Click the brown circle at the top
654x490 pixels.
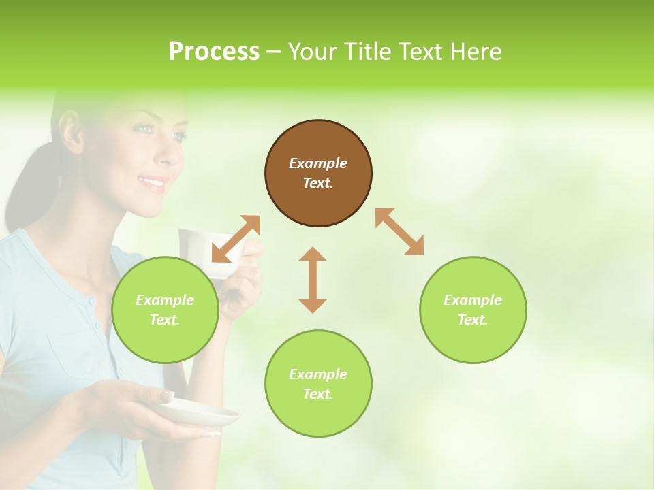coord(318,173)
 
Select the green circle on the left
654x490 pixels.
coord(165,310)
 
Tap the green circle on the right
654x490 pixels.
coord(473,310)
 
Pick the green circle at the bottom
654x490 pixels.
coord(318,384)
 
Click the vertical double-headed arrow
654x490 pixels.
coord(313,280)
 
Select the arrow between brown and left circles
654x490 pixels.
coord(236,238)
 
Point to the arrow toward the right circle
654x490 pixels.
coord(399,231)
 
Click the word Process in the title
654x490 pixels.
coord(214,51)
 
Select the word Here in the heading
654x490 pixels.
coord(475,51)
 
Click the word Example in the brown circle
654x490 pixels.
coord(318,163)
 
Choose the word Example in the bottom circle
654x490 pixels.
coord(318,374)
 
